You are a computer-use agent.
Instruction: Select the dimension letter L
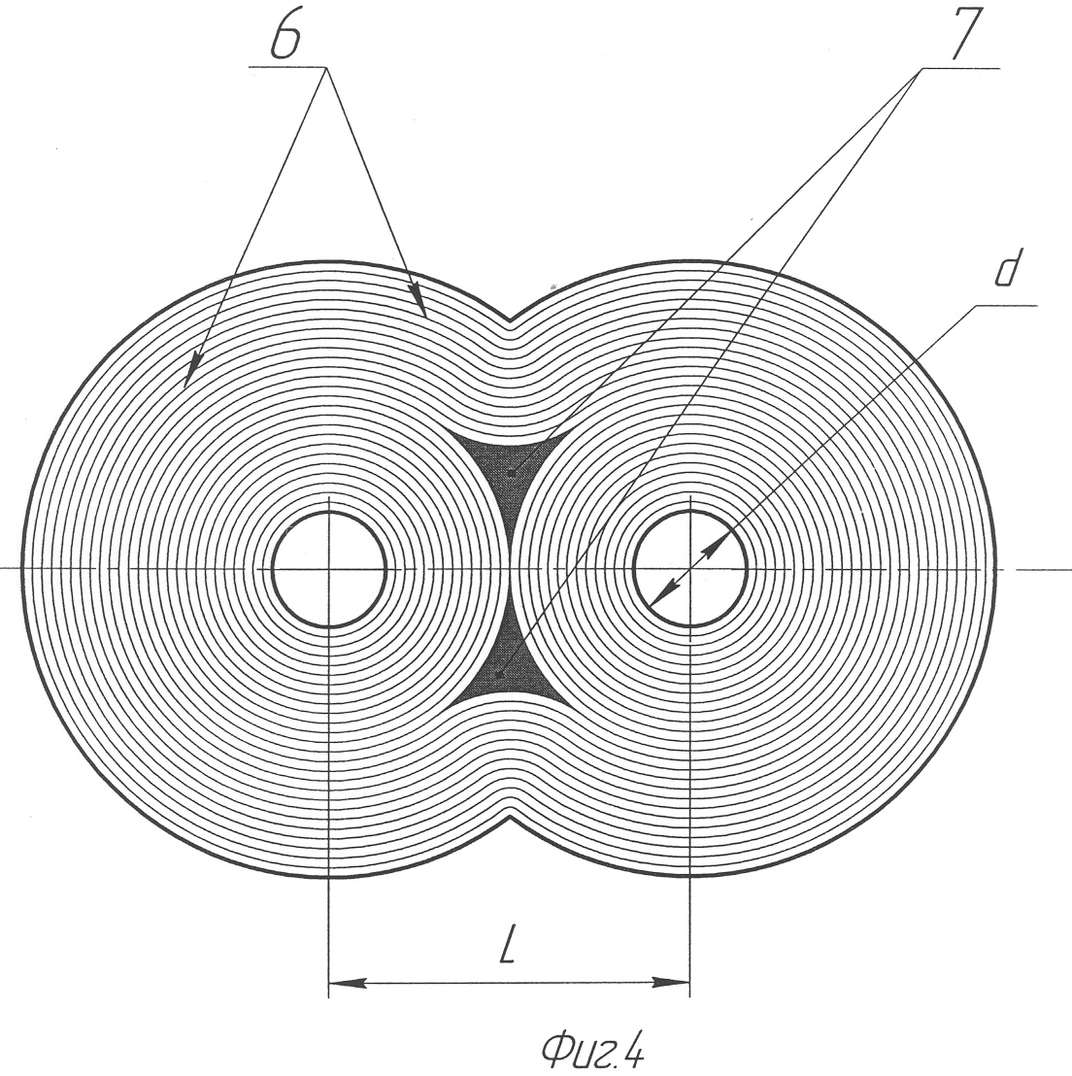tap(507, 947)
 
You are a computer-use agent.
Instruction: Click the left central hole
tap(329, 568)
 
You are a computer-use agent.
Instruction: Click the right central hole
tap(689, 568)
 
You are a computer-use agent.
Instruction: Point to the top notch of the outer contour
tap(509, 319)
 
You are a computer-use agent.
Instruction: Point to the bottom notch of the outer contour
tap(509, 818)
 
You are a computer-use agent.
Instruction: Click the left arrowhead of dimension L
tap(348, 984)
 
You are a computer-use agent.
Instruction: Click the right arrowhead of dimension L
tap(672, 984)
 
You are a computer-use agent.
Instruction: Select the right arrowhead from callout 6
tap(418, 299)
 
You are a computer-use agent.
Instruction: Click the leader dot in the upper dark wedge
tap(512, 474)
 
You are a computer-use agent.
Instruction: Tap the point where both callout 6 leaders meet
tap(326, 67)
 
